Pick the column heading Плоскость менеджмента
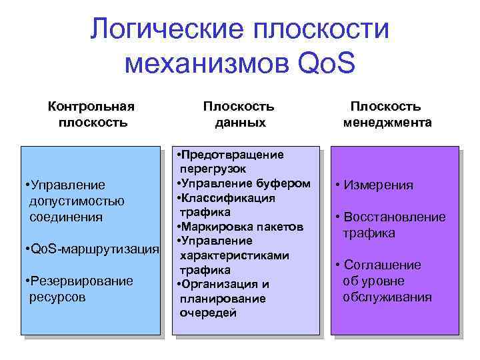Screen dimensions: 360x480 click(387, 114)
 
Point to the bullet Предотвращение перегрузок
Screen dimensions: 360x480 click(231, 161)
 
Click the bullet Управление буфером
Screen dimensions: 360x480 click(244, 183)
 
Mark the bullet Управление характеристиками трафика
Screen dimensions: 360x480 click(233, 255)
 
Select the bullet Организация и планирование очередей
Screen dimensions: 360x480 click(223, 298)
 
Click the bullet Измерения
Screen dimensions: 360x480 click(375, 185)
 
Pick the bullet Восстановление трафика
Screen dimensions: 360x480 click(390, 225)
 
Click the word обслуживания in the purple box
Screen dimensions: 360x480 click(387, 297)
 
